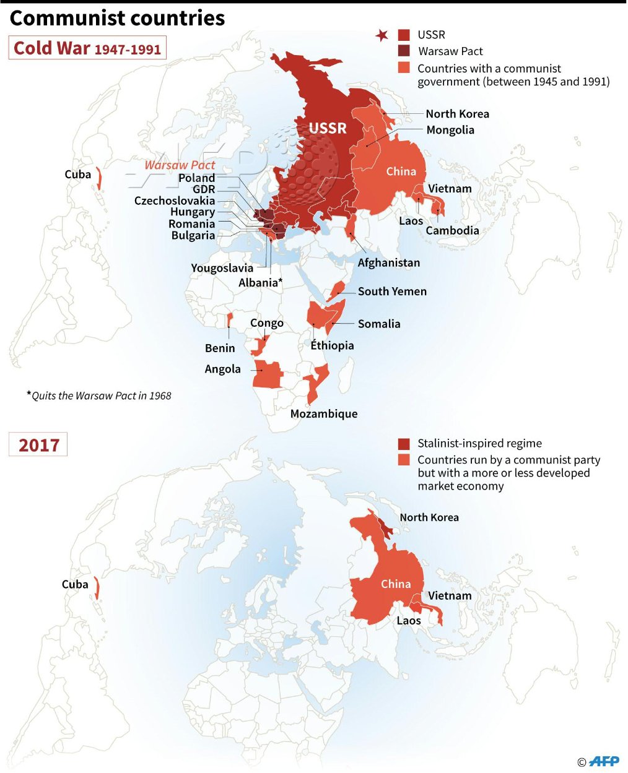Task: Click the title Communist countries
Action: coord(117,18)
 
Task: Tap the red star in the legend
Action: coord(382,36)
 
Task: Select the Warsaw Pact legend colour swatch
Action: coord(404,51)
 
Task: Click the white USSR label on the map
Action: coord(328,128)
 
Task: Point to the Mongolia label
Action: coord(450,130)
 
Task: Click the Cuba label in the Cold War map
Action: coord(78,175)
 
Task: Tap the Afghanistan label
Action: coord(388,262)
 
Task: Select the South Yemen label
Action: coord(392,291)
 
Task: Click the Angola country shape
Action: coord(268,374)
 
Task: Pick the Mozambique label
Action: coord(324,413)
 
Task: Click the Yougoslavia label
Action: coord(222,268)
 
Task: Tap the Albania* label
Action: coord(261,283)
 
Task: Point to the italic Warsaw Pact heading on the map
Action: coord(180,165)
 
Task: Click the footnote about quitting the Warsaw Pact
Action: coord(99,395)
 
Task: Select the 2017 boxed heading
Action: coord(38,445)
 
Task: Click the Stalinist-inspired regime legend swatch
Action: coord(404,444)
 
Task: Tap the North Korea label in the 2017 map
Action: coord(429,517)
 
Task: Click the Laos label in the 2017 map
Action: coord(409,620)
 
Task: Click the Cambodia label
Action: coord(452,230)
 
